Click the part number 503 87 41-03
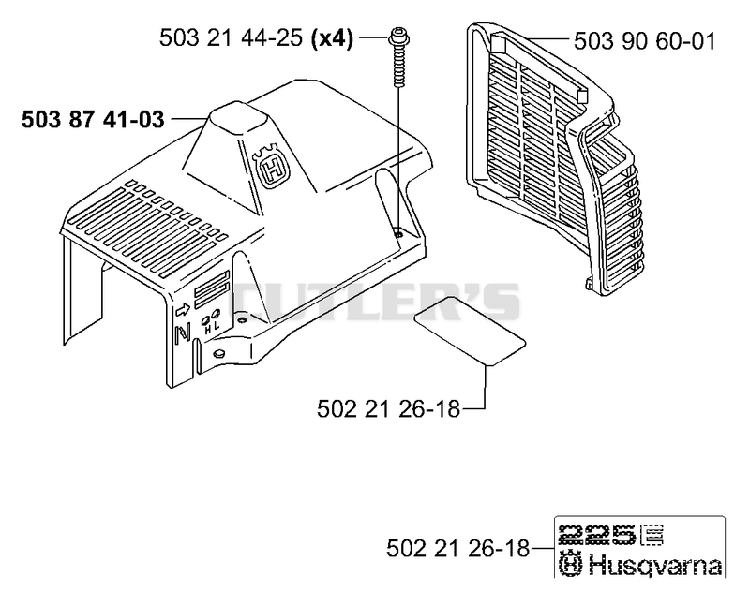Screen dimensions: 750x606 [93, 120]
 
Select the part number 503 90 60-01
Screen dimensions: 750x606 [644, 41]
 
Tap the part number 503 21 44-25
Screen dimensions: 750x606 [231, 37]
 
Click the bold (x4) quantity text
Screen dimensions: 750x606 [333, 38]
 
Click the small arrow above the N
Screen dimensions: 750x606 [183, 311]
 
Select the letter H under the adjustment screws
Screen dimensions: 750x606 [207, 330]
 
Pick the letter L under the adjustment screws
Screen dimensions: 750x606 [217, 328]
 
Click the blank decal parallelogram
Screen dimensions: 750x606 [470, 331]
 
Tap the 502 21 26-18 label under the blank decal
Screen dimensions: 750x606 [388, 409]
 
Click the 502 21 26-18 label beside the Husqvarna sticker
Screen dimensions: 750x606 [457, 548]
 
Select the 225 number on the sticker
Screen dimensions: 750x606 [597, 535]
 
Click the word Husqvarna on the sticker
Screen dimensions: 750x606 [654, 566]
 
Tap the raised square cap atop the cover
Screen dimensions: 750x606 [237, 118]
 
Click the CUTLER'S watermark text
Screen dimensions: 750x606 [376, 302]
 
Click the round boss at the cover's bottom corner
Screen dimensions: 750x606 [219, 353]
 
